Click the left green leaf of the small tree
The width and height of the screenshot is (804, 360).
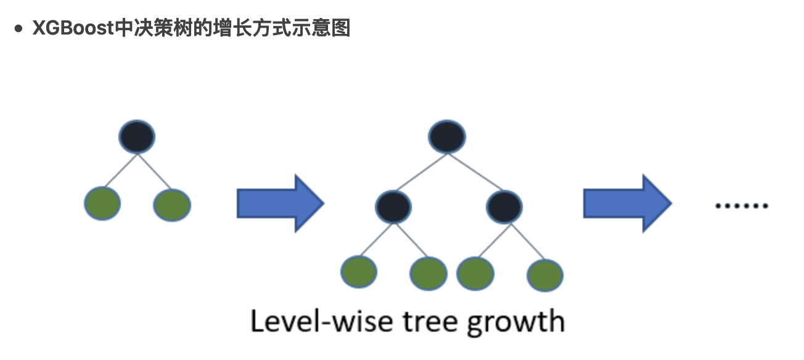pos(102,203)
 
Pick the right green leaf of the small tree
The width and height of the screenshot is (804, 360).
pos(172,205)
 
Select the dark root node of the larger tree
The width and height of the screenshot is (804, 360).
pos(447,136)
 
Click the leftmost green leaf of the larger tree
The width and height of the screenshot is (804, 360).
pos(358,271)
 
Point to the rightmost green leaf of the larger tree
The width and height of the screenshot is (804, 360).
pos(545,275)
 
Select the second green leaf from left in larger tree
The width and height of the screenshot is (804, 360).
pos(429,273)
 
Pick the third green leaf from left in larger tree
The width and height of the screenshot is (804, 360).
pos(475,272)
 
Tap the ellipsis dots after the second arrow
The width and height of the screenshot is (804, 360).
pos(741,206)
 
